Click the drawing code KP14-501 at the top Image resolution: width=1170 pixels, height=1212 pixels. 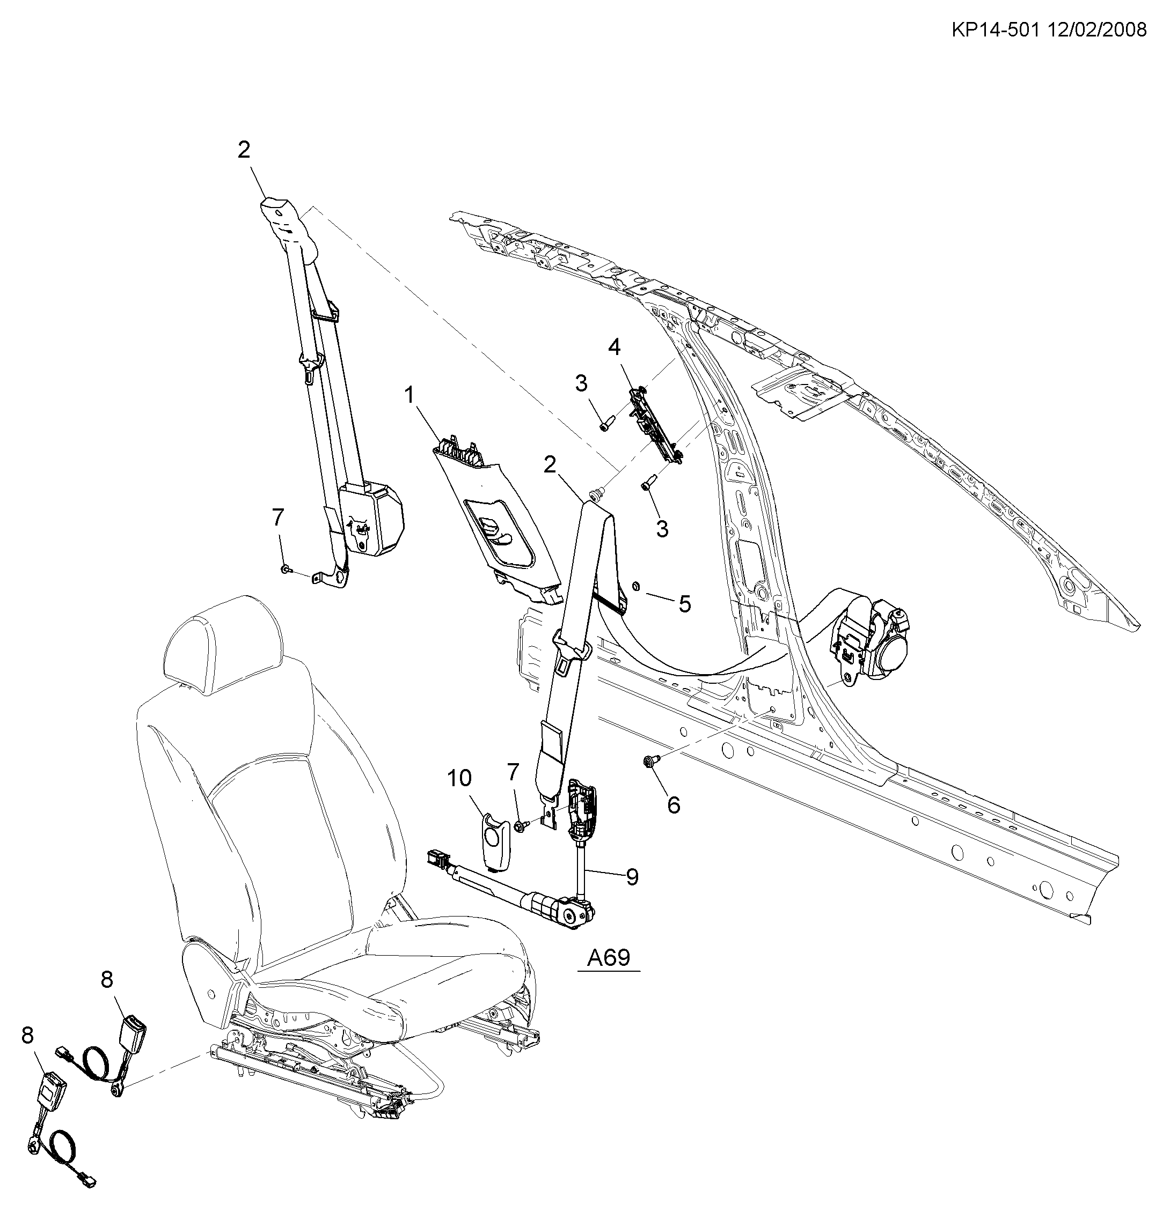994,29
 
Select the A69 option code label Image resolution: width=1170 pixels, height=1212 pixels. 608,957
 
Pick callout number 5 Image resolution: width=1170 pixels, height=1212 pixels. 684,603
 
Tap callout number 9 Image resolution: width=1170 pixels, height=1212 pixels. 632,876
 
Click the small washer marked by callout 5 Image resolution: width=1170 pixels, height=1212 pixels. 635,586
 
